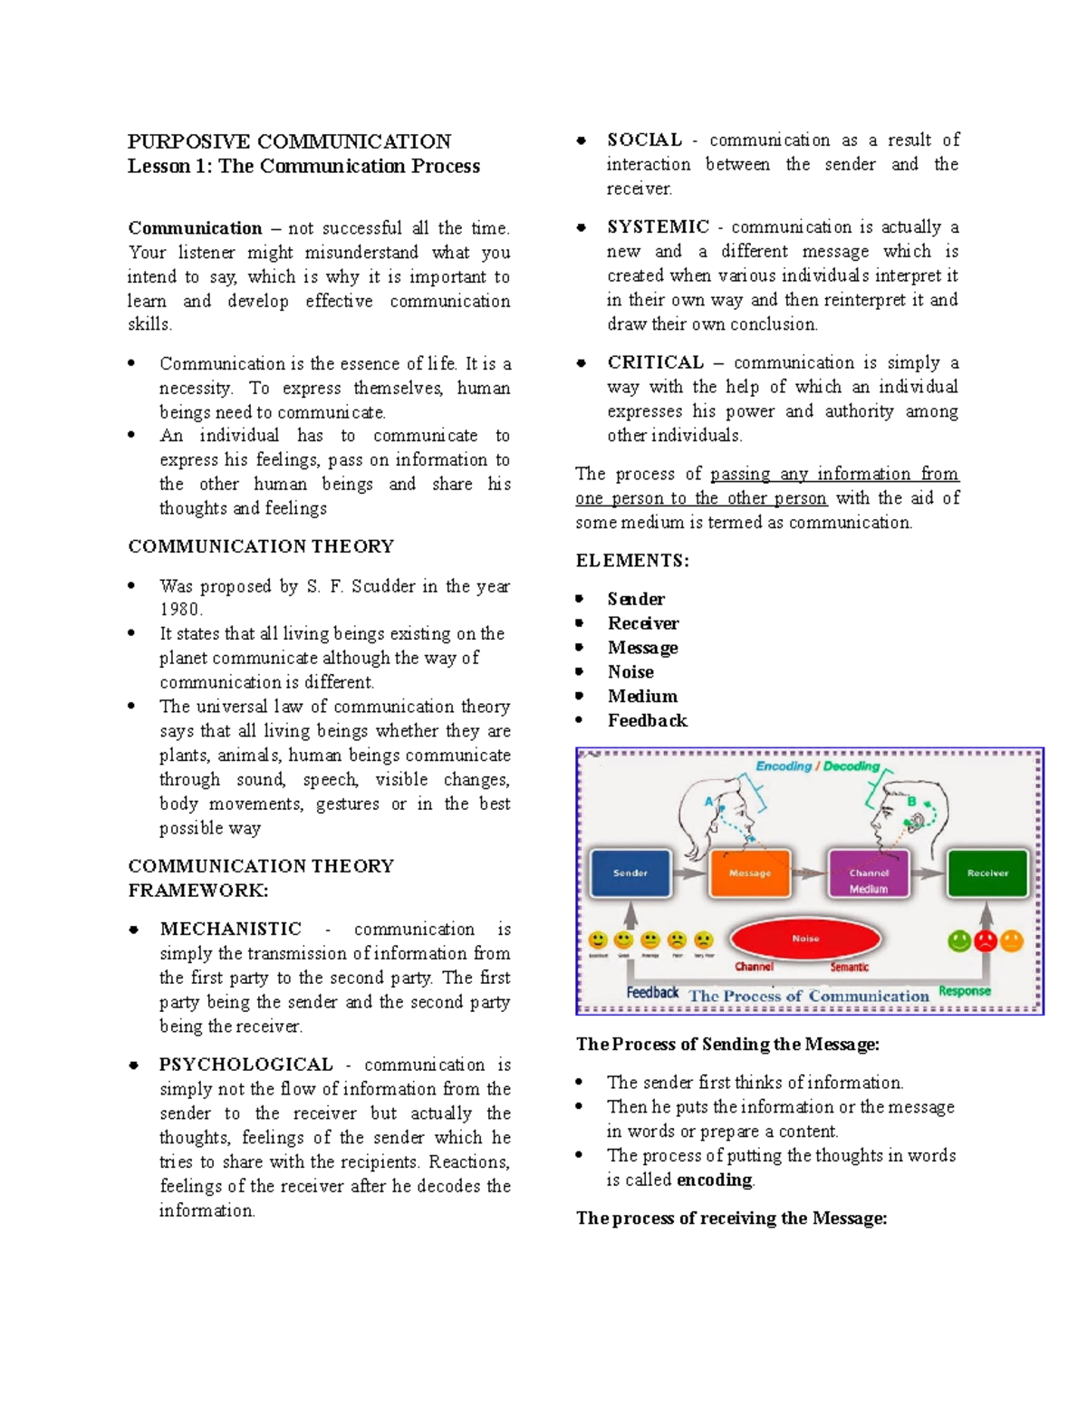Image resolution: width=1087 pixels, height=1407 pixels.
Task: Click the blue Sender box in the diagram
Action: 630,873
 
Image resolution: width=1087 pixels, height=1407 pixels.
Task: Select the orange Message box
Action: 750,873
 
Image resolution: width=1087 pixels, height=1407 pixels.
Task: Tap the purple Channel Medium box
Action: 869,875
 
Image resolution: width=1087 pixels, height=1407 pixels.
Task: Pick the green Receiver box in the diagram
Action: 987,873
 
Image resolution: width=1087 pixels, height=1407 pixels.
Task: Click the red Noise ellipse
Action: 805,939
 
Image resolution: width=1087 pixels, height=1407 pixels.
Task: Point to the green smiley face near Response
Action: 959,941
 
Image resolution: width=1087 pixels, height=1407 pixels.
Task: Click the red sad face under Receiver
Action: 986,941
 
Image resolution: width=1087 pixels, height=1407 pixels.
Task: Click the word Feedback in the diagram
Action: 652,993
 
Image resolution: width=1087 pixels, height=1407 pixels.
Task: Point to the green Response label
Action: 965,991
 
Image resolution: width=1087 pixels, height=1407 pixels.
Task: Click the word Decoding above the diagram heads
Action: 851,766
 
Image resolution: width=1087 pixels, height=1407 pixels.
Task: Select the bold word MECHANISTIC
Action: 231,929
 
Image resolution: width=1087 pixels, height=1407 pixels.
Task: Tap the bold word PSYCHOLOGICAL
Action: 246,1065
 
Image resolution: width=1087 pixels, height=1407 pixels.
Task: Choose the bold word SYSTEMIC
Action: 658,226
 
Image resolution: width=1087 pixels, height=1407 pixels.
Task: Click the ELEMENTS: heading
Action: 632,561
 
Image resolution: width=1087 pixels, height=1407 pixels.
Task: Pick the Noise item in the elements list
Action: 630,672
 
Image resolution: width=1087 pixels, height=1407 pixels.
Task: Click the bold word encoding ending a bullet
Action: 715,1180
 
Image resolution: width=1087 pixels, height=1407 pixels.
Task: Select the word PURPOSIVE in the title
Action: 188,141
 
